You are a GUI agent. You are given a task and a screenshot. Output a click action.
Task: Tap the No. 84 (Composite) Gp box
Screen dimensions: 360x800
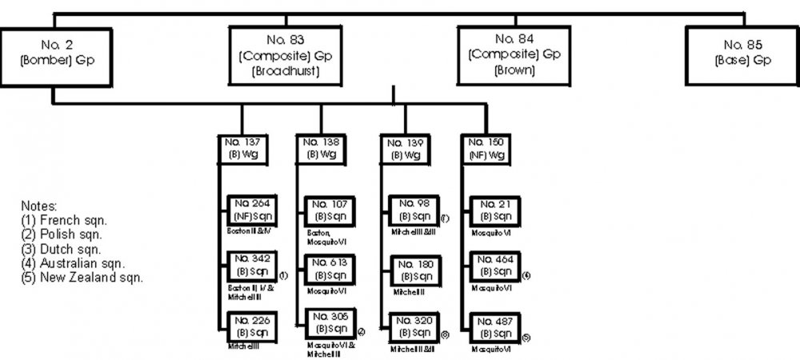pos(506,56)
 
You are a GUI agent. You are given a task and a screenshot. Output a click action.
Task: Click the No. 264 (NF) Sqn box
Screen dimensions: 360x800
pos(250,210)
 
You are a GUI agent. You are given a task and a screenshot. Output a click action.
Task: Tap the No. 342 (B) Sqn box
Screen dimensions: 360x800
pos(250,267)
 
